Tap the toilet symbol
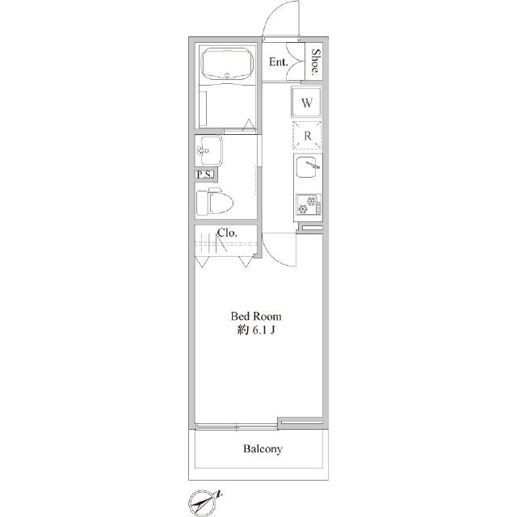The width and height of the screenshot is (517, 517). (214, 201)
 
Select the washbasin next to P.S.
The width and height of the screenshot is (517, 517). (210, 150)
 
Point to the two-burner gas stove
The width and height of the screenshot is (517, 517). (309, 204)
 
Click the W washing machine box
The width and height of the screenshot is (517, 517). (306, 102)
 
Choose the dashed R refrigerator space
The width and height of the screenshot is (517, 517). (307, 135)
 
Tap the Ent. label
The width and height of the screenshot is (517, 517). (278, 61)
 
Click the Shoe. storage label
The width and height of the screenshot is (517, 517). (316, 61)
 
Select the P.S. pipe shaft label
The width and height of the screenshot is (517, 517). (204, 174)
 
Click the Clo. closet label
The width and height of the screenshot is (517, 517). (227, 233)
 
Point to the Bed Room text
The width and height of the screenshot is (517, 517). (256, 316)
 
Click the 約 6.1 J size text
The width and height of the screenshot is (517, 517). (256, 330)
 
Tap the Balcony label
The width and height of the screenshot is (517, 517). (263, 449)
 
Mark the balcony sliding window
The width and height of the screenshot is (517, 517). (237, 427)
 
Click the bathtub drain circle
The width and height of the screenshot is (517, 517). (227, 75)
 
